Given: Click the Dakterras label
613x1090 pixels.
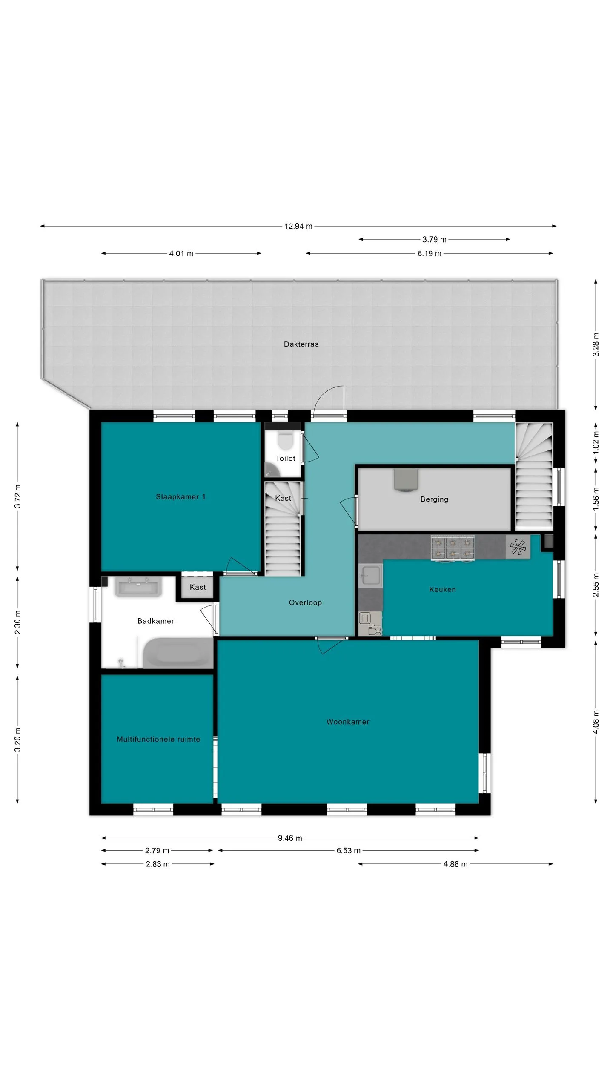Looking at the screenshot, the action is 301,344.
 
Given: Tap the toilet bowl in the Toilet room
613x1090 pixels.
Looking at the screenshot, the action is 285,441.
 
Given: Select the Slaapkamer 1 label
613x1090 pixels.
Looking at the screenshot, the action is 180,496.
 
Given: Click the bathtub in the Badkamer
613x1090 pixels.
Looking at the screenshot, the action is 178,654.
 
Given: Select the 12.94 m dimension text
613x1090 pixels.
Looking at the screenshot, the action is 298,226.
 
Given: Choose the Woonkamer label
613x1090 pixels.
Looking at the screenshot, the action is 348,722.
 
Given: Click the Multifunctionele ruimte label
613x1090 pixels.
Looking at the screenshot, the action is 158,739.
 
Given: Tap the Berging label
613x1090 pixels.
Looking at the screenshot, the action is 434,499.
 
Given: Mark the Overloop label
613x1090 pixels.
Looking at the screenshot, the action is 305,602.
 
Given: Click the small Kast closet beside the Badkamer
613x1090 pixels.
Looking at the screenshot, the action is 198,587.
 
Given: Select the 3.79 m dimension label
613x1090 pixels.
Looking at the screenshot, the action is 435,239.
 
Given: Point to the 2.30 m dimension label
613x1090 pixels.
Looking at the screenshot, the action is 17,622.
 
